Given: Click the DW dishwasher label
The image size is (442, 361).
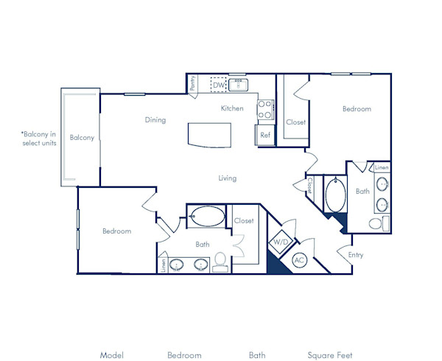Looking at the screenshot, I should tap(218, 85).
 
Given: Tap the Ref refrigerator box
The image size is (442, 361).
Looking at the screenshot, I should tap(265, 136).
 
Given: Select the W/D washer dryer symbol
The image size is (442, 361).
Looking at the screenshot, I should tap(281, 242).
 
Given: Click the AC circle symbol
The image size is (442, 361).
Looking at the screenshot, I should tap(300, 260).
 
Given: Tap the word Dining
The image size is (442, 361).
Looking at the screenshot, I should tap(155, 120).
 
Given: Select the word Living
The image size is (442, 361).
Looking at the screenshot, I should tap(227, 178).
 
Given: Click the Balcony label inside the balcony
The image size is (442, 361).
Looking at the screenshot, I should tap(81, 138).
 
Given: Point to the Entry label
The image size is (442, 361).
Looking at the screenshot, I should tap(356, 256).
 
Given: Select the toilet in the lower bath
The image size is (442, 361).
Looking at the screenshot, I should tap(220, 261).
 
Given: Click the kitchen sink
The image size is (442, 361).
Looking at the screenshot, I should tap(240, 85).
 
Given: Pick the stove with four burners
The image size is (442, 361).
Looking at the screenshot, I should tap(264, 111).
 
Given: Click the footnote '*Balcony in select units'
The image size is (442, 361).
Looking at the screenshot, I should tap(39, 139).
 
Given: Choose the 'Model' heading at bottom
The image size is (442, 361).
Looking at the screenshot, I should tap(111, 355).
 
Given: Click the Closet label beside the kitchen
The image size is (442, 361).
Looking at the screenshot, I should tap(296, 122).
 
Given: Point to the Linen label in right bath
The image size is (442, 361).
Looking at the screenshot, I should tap(382, 168).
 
